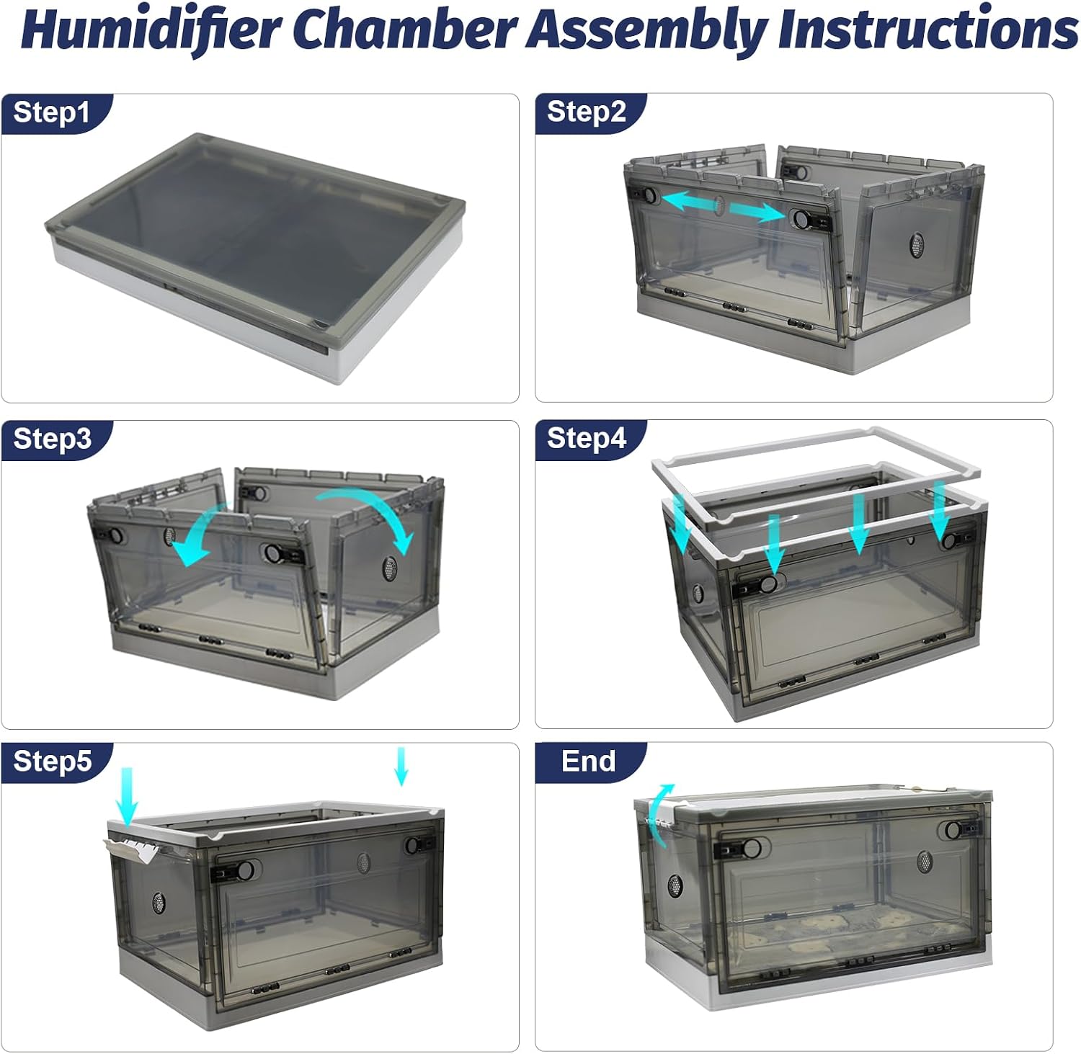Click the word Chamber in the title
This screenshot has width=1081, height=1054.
click(405, 29)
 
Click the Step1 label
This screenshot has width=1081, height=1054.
click(52, 112)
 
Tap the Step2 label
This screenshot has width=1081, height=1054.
click(587, 112)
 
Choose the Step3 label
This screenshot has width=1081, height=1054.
click(53, 438)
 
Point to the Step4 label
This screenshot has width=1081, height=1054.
click(587, 437)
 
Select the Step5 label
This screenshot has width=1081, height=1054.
click(53, 761)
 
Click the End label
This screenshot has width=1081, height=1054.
click(588, 761)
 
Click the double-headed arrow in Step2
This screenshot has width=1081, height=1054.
click(723, 206)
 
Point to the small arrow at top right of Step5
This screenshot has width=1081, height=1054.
click(401, 766)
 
